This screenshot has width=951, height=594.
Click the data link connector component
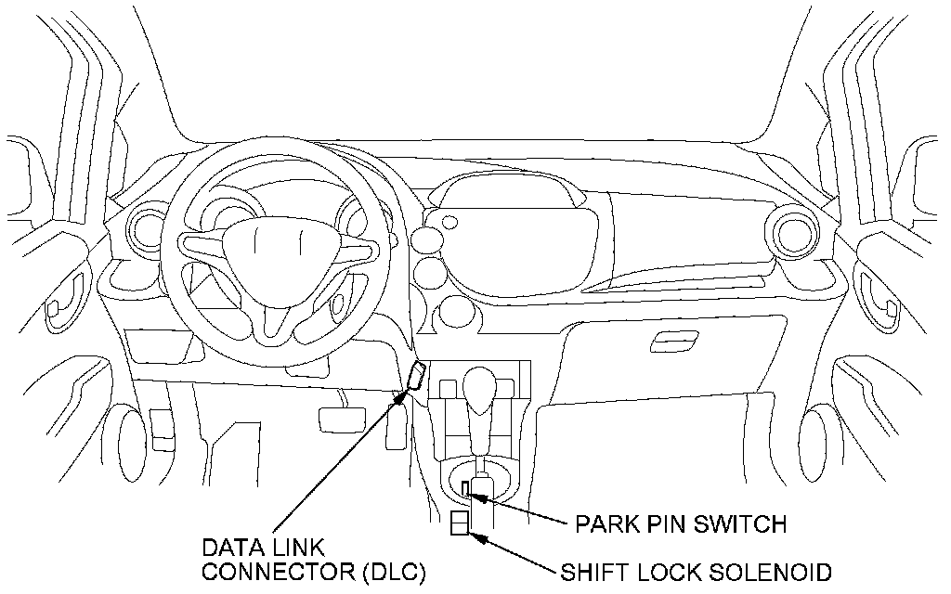point(416,377)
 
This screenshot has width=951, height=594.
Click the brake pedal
point(336,418)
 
